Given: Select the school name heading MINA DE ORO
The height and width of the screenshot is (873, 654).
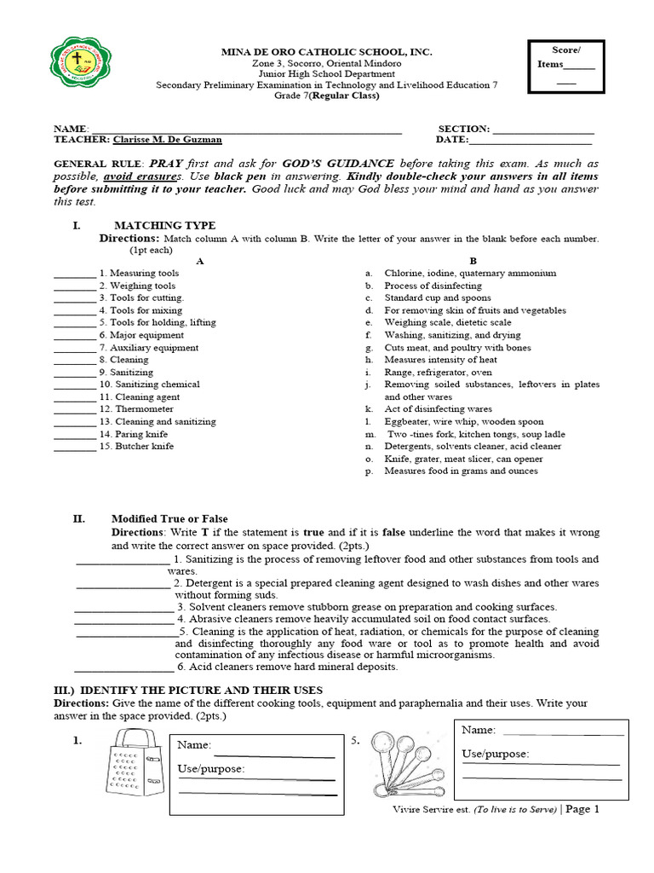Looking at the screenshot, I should (327, 53).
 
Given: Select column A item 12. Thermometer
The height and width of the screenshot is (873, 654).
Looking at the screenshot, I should (136, 409).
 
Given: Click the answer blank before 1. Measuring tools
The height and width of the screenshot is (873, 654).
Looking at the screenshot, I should (75, 274).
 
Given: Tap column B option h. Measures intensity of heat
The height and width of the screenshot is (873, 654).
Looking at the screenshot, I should (440, 360).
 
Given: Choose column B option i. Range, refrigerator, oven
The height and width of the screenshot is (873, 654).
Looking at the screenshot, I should (438, 373).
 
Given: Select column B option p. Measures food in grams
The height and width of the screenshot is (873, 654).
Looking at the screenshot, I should (460, 471).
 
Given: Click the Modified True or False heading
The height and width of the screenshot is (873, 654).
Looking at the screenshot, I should (169, 518).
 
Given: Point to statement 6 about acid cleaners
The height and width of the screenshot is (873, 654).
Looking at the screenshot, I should (287, 667).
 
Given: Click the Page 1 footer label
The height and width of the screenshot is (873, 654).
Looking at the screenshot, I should (582, 809).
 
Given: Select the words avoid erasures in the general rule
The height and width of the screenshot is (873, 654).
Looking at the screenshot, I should (144, 175).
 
